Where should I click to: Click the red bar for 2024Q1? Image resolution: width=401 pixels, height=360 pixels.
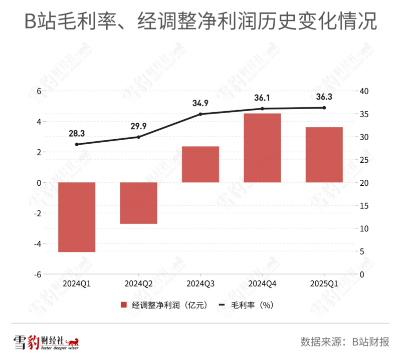click(x=77, y=217)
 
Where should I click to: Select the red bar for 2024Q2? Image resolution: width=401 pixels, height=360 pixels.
click(x=138, y=203)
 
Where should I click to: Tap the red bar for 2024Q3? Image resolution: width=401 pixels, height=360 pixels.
click(x=200, y=164)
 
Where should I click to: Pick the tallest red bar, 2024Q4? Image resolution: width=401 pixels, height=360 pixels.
click(x=262, y=148)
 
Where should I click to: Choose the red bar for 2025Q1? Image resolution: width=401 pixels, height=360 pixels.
click(x=324, y=155)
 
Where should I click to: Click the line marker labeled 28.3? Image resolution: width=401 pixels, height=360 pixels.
click(x=77, y=144)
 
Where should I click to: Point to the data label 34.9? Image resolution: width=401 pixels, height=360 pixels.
click(x=200, y=103)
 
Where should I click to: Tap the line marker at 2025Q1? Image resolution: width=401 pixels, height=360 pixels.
click(x=324, y=108)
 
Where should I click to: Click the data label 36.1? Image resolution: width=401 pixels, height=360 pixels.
click(x=262, y=98)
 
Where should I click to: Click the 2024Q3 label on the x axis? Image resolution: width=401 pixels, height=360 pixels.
click(x=200, y=284)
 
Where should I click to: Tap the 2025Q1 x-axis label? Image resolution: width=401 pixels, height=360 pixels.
click(x=324, y=284)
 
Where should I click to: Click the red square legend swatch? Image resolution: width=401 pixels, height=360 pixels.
click(x=124, y=305)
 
